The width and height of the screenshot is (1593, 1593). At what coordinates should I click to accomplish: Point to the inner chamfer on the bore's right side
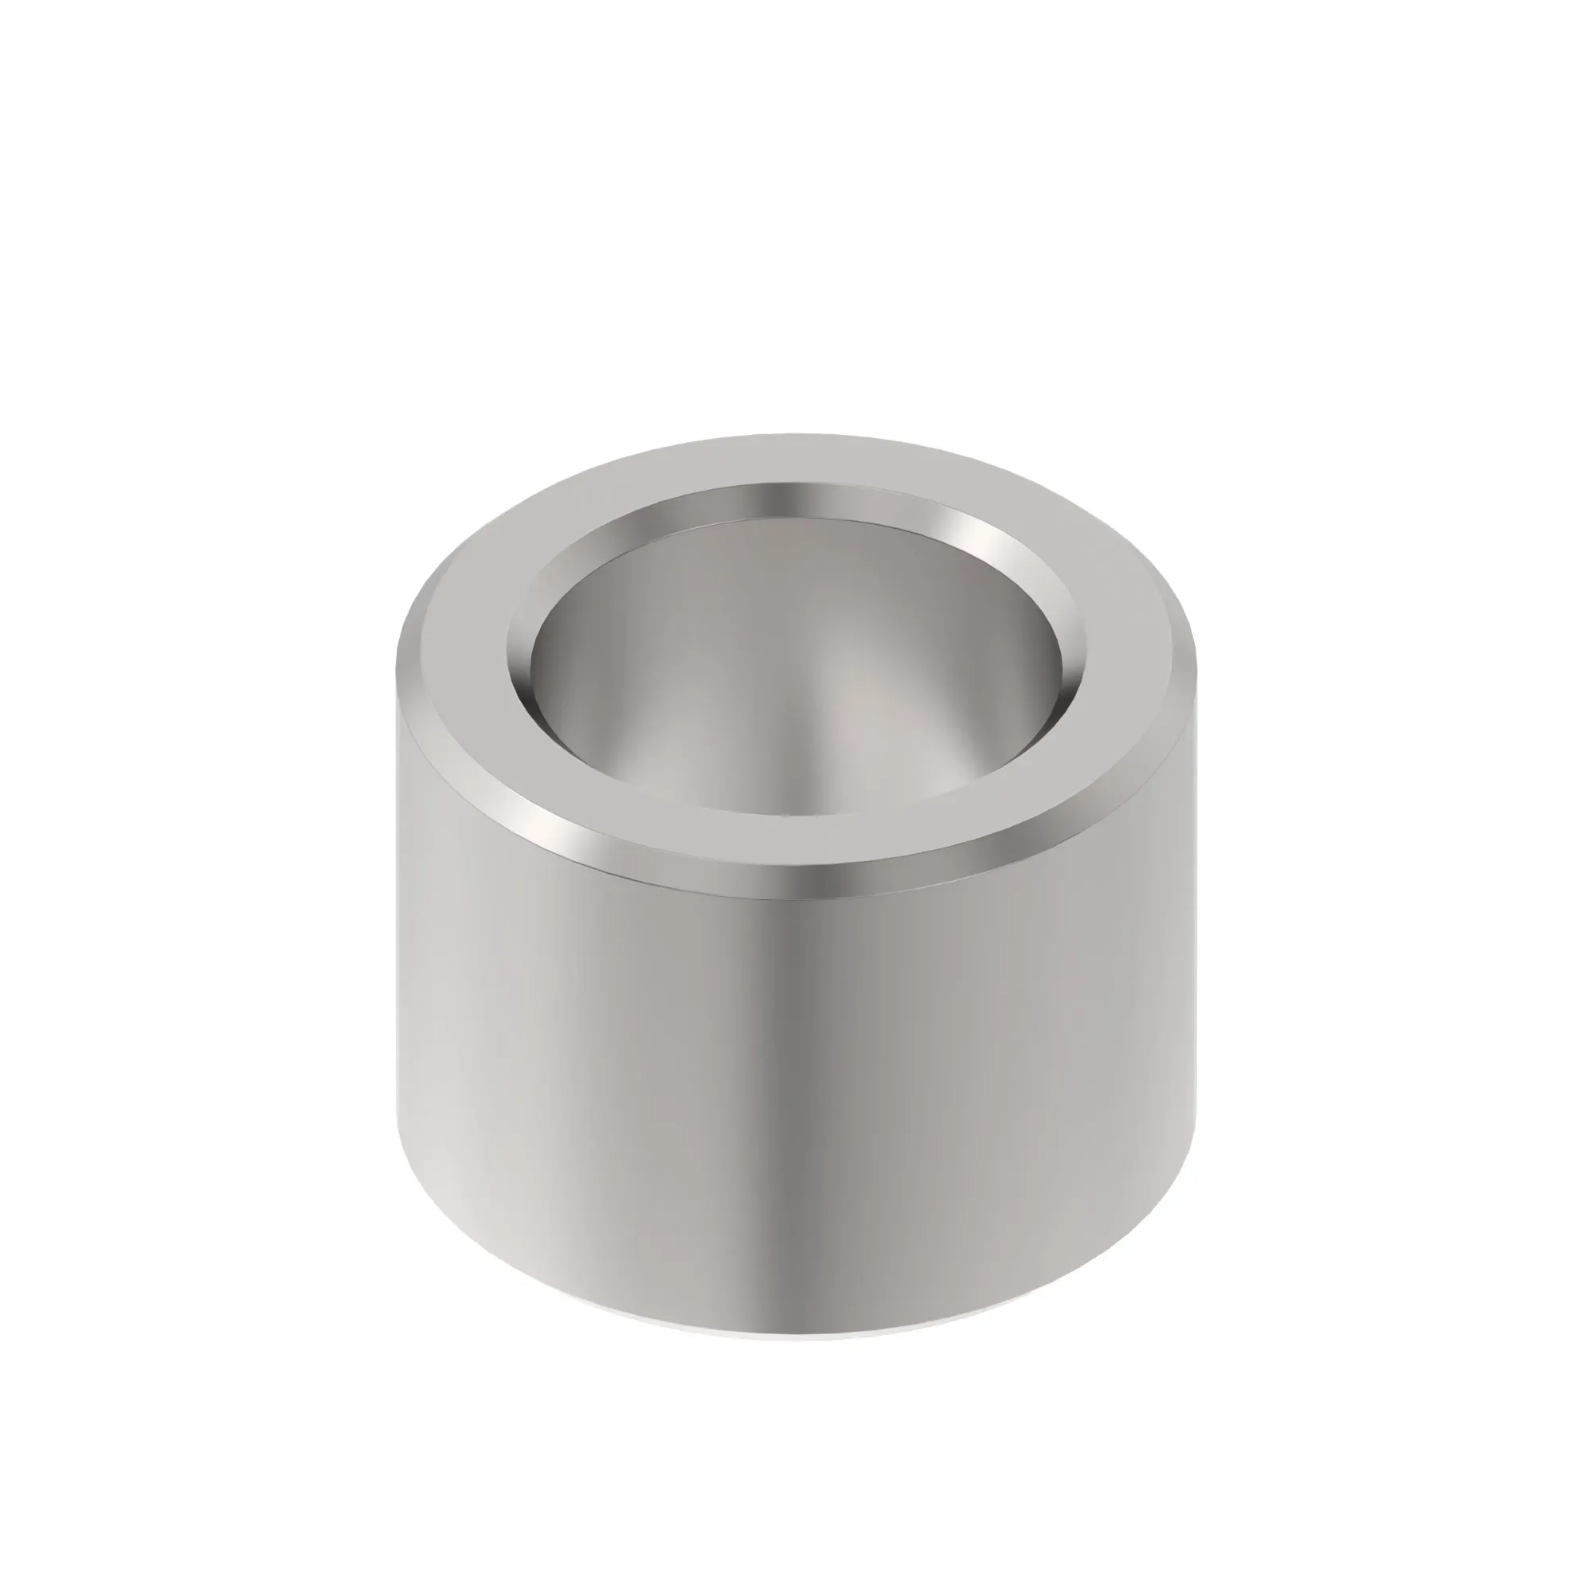[x=1072, y=660]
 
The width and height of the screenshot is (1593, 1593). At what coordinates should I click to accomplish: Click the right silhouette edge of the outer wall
[x=1193, y=948]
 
